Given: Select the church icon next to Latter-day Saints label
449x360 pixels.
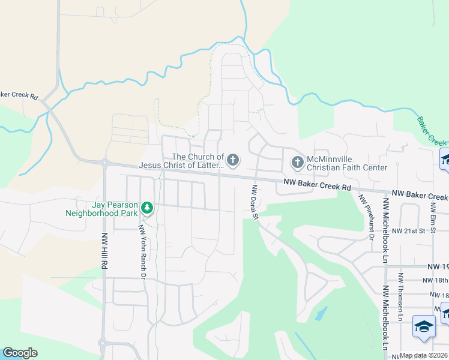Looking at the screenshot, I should point(233,160).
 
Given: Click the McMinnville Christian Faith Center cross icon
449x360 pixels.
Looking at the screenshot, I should point(297,162).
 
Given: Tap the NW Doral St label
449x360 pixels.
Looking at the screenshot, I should point(255,202).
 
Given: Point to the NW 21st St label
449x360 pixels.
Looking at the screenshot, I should point(408,230).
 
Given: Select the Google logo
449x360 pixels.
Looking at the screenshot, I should point(20,353).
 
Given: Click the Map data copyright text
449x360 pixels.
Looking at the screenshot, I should point(424,355).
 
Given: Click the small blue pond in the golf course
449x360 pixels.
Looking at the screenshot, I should point(321,313).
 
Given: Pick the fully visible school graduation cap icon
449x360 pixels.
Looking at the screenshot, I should point(424,328).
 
